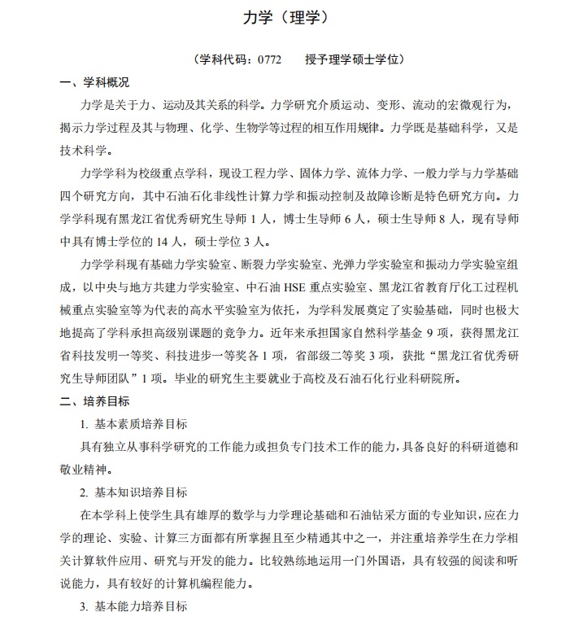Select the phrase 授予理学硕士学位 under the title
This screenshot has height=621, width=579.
355,59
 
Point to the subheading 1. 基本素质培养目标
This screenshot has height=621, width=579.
133,424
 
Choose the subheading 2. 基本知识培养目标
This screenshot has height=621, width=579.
133,492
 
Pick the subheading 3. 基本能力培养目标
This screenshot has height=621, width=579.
133,606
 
